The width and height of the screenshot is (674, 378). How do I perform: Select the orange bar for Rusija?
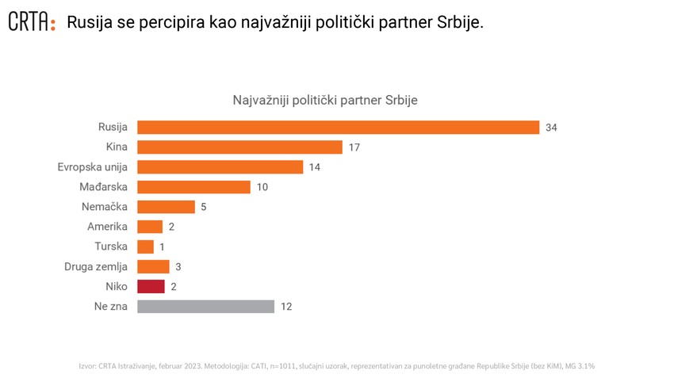point(338,128)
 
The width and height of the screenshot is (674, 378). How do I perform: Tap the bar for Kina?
point(239,147)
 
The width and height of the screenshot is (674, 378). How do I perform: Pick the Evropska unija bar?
point(220,167)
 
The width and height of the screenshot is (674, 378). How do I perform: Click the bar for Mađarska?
point(193,187)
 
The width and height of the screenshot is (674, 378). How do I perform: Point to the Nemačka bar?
point(166,207)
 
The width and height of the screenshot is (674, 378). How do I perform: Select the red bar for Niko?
point(151,286)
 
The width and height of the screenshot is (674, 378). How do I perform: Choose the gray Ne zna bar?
point(205,306)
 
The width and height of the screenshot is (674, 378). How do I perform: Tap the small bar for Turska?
point(145,246)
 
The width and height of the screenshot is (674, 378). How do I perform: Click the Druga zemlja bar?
point(153,266)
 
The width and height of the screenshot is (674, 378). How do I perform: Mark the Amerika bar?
point(150,227)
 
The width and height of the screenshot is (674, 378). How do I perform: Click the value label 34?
point(552,128)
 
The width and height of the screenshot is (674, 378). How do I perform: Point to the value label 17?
point(354,147)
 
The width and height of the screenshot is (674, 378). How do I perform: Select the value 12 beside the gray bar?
point(286,306)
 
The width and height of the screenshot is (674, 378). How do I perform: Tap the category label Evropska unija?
point(93,167)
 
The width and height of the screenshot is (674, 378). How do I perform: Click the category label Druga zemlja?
point(96,266)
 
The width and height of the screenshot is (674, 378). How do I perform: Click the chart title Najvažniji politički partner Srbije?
point(325,101)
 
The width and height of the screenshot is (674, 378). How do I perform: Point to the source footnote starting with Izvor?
point(337,365)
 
